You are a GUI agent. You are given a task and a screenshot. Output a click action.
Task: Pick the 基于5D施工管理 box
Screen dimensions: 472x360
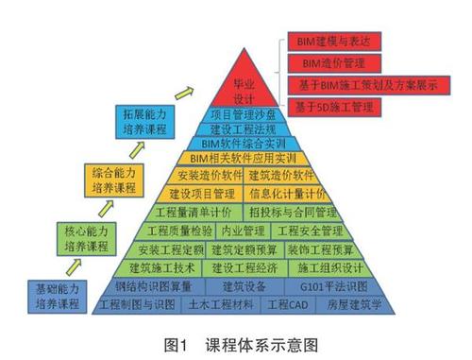coord(342,107)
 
